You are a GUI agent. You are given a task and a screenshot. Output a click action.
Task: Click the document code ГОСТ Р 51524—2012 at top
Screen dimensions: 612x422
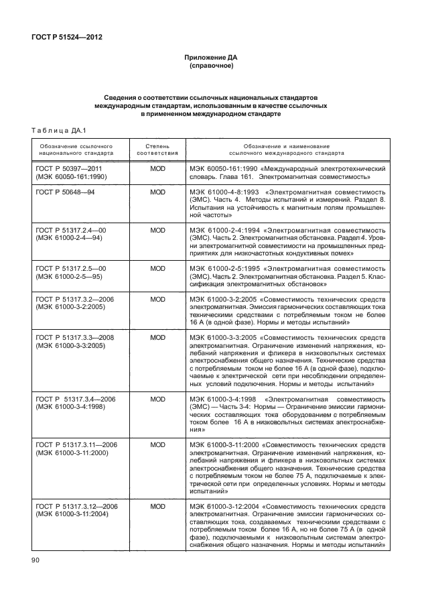[x=64, y=38]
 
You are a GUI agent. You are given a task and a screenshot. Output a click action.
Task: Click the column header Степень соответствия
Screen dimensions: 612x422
[x=157, y=149]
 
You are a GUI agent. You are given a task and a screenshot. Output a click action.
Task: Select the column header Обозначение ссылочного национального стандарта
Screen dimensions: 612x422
[x=75, y=149]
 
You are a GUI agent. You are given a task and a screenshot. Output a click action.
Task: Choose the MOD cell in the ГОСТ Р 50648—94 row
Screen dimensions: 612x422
[x=157, y=192]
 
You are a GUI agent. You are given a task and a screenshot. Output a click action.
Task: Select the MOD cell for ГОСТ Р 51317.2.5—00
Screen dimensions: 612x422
[x=157, y=268]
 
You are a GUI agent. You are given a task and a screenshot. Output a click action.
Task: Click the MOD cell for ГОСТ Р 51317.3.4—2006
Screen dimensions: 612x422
[x=157, y=399]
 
